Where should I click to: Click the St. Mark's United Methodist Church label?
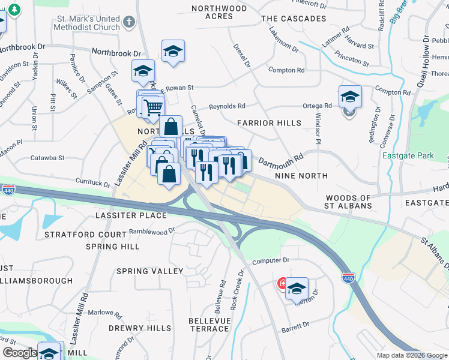(x=86, y=22)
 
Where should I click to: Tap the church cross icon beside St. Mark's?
(x=128, y=23)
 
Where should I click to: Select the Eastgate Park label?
(x=408, y=156)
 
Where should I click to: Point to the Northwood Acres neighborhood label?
(x=219, y=12)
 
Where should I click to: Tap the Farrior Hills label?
(x=269, y=123)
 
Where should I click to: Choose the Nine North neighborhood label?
(x=301, y=176)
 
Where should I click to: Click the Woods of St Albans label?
(x=348, y=202)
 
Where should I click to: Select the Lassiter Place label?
(x=131, y=215)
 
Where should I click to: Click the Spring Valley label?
(x=149, y=271)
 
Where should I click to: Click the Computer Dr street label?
(x=271, y=261)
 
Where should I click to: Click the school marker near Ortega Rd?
(x=350, y=97)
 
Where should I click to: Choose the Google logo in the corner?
(x=19, y=353)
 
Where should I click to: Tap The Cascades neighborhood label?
(x=294, y=19)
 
